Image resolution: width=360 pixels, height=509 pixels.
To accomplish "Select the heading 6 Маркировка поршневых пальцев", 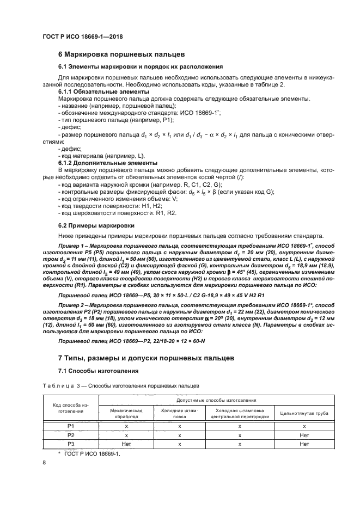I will [x=122, y=54].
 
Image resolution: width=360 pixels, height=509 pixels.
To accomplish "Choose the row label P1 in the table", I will [x=70, y=427].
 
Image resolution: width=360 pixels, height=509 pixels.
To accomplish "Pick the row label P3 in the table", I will [x=70, y=444].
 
